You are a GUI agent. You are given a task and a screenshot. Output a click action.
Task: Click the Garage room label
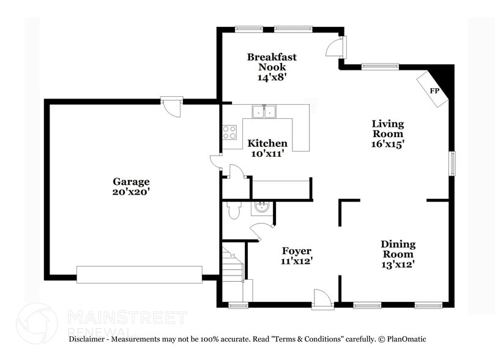131,181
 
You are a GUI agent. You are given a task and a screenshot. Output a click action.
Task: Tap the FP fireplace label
434,91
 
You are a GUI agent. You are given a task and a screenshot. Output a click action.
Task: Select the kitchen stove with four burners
229,132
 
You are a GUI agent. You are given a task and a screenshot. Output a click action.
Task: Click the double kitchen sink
265,111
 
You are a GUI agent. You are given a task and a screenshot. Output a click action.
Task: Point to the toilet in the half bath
233,211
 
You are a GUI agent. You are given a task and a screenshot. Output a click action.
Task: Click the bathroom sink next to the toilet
261,208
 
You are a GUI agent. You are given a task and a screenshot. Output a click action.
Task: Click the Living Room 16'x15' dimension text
388,143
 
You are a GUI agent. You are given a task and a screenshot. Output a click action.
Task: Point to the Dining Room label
398,249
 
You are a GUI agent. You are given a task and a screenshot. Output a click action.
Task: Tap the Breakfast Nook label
272,62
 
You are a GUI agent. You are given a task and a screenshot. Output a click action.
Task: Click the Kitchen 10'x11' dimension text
267,154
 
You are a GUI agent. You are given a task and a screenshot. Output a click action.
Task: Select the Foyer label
297,251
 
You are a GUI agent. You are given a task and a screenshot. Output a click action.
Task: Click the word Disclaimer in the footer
88,339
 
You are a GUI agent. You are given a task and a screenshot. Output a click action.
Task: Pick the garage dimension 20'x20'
131,192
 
